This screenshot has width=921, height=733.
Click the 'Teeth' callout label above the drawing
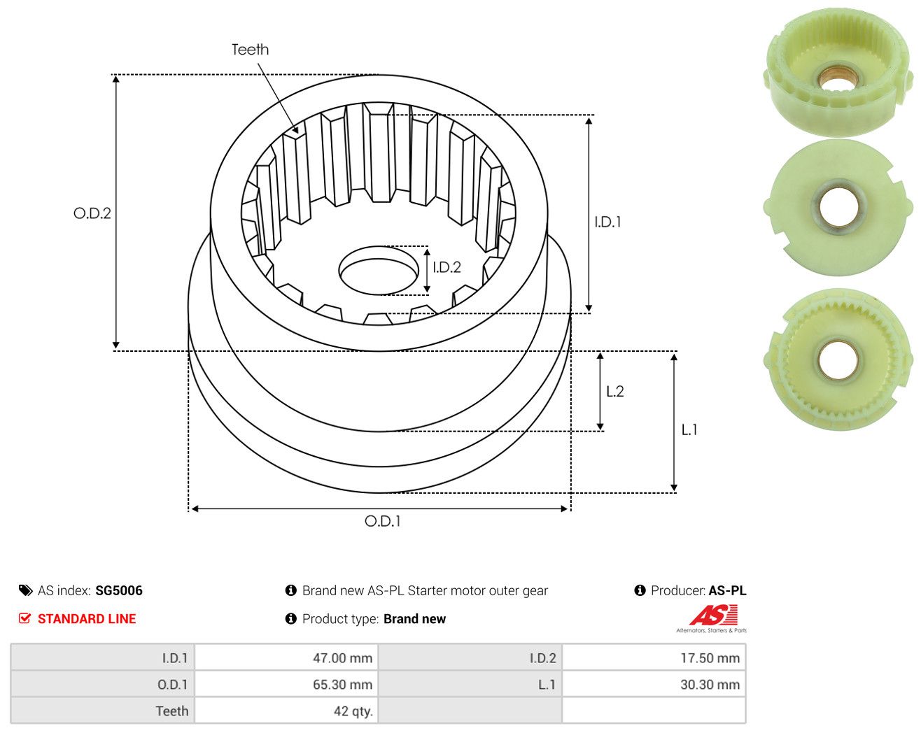(x=250, y=50)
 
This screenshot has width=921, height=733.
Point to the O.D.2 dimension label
(x=92, y=213)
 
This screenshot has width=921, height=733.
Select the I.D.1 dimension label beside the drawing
(x=607, y=222)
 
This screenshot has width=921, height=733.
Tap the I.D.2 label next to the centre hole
(x=447, y=267)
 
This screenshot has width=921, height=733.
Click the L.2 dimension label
(x=615, y=391)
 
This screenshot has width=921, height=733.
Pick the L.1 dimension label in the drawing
(x=689, y=429)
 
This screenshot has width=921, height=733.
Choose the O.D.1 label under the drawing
(x=382, y=521)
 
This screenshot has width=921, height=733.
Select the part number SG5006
(x=118, y=590)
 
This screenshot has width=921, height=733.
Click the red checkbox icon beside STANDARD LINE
(x=24, y=618)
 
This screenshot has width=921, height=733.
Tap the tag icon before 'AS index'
(x=26, y=590)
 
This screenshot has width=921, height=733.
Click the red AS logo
(x=713, y=615)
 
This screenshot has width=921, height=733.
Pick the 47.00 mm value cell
(x=286, y=657)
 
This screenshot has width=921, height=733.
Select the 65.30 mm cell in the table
(x=286, y=684)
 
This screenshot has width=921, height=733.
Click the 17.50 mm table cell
(x=654, y=657)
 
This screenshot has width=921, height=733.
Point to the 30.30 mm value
(x=710, y=684)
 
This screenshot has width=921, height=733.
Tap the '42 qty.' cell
(x=286, y=711)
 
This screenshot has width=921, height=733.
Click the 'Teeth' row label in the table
(x=171, y=711)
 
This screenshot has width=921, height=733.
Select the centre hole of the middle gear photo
(x=838, y=208)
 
